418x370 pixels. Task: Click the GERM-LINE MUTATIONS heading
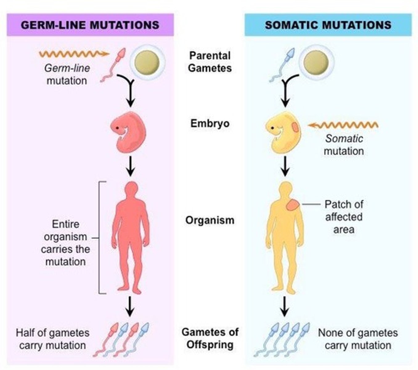click(90, 25)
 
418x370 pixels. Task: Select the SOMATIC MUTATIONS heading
click(328, 25)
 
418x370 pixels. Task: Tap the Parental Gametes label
click(210, 62)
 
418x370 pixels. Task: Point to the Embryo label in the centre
click(210, 123)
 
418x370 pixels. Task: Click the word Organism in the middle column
click(210, 220)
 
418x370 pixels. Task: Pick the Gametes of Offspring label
click(210, 338)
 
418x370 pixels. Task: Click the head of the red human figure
click(132, 188)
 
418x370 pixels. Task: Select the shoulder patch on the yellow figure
click(292, 205)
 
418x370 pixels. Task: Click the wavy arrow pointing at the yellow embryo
click(343, 125)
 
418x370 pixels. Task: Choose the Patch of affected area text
click(344, 217)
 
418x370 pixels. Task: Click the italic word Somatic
click(344, 139)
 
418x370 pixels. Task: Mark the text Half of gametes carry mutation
click(53, 339)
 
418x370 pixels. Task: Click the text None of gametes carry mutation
click(358, 339)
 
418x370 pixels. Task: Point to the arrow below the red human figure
click(130, 306)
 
